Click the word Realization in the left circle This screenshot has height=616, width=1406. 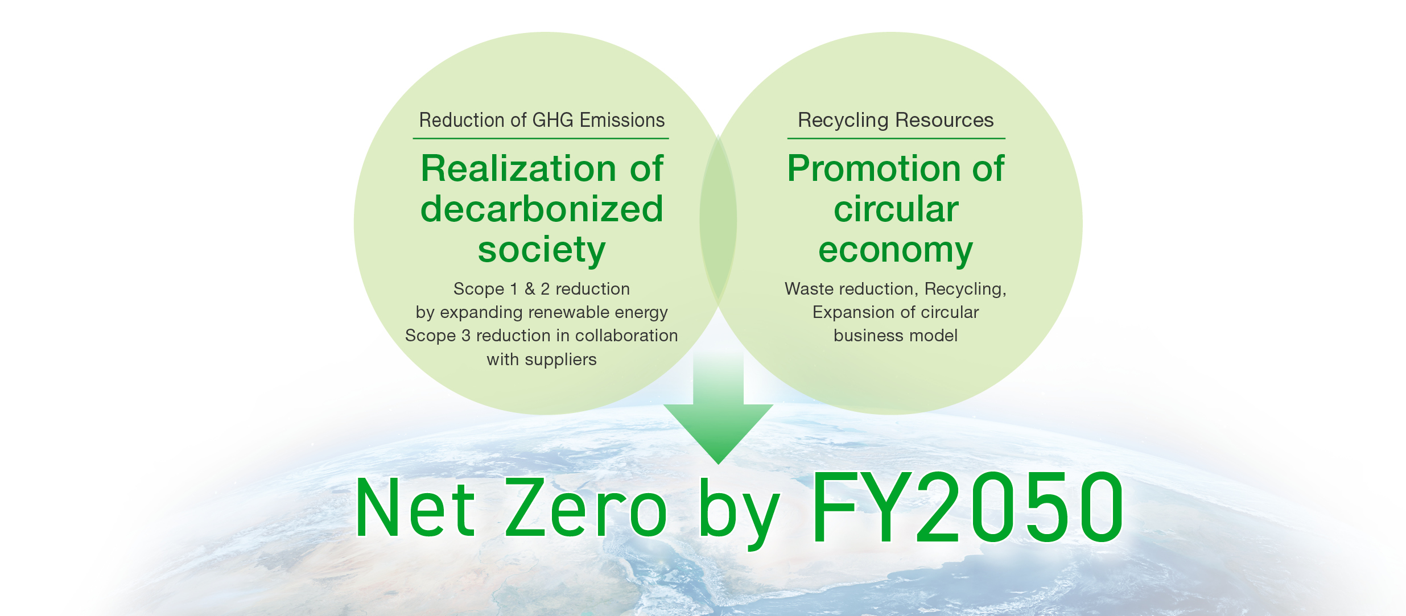(518, 169)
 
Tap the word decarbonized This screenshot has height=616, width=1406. (542, 209)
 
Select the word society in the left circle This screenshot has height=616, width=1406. (542, 250)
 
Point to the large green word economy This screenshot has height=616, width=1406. (896, 250)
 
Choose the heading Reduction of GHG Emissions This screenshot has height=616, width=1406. (542, 121)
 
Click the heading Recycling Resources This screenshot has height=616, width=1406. (896, 121)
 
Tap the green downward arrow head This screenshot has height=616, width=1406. (718, 432)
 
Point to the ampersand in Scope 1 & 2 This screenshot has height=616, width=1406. (530, 289)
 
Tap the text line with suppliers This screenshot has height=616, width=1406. (542, 359)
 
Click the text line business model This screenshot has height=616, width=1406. (896, 336)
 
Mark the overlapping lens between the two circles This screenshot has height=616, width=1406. (718, 222)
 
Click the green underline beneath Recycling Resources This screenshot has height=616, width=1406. (896, 138)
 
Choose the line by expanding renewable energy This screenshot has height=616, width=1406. (542, 312)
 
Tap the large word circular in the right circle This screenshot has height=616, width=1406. (896, 209)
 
